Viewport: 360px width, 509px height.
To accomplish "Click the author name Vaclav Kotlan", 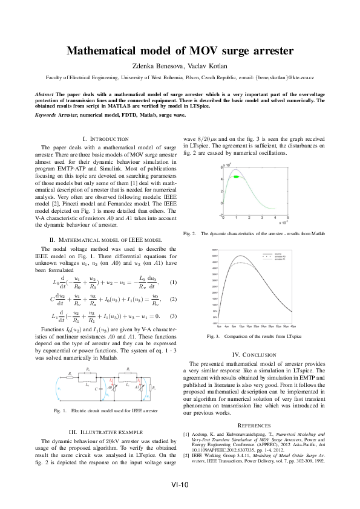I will pos(208,66).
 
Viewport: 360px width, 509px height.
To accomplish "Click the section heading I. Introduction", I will pos(105,139).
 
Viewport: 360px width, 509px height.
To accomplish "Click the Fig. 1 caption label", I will pos(61,411).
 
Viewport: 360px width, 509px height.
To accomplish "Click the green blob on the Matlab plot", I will pos(238,177).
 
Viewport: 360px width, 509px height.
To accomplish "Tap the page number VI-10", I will pos(180,484).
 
